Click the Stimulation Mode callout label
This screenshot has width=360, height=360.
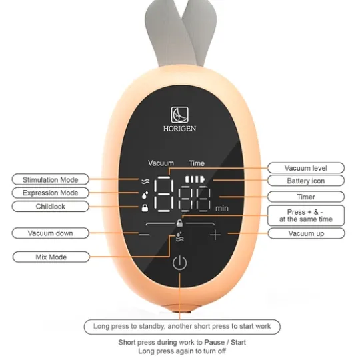pyautogui.click(x=50, y=179)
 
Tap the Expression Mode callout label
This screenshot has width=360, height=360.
pyautogui.click(x=50, y=193)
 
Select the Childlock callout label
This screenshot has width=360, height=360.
pyautogui.click(x=50, y=207)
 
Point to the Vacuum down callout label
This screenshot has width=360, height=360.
pyautogui.click(x=50, y=233)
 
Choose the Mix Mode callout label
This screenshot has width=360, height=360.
pyautogui.click(x=51, y=257)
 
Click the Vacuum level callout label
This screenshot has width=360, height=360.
pyautogui.click(x=306, y=168)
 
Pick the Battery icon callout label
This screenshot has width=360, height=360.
pyautogui.click(x=306, y=181)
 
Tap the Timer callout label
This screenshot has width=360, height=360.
pyautogui.click(x=306, y=197)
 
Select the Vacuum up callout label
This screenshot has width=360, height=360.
pyautogui.click(x=306, y=233)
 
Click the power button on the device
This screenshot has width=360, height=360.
pyautogui.click(x=179, y=263)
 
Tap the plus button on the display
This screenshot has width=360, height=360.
pyautogui.click(x=215, y=235)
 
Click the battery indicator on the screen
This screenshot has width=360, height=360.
pyautogui.click(x=195, y=179)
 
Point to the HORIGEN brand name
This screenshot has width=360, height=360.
pyautogui.click(x=179, y=129)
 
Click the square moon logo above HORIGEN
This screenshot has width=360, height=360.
pyautogui.click(x=179, y=115)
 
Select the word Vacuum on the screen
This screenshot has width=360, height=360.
pyautogui.click(x=161, y=163)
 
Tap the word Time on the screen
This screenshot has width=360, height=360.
pyautogui.click(x=197, y=163)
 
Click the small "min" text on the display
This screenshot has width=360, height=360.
pyautogui.click(x=222, y=209)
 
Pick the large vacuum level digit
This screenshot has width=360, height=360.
pyautogui.click(x=164, y=195)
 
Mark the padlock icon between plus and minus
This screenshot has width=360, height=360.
pyautogui.click(x=180, y=223)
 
